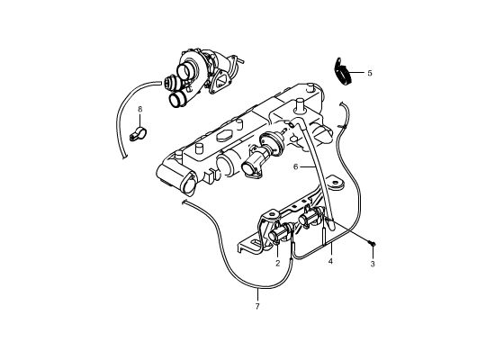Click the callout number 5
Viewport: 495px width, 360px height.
coord(370,73)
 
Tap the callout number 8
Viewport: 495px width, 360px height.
coord(140,109)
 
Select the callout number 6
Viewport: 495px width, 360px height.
coord(295,166)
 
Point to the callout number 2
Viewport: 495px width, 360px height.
coord(278,263)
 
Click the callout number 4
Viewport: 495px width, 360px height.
coord(330,262)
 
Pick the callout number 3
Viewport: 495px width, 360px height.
coord(373,264)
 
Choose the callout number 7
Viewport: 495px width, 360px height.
coord(257,306)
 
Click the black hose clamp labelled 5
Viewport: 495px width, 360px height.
coord(342,71)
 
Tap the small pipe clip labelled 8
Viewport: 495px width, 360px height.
coord(138,134)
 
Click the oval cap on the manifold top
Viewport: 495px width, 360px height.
coord(223,136)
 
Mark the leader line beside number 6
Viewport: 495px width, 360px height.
coord(307,166)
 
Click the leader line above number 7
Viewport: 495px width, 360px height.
coord(257,294)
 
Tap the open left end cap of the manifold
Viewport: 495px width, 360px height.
coord(188,184)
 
